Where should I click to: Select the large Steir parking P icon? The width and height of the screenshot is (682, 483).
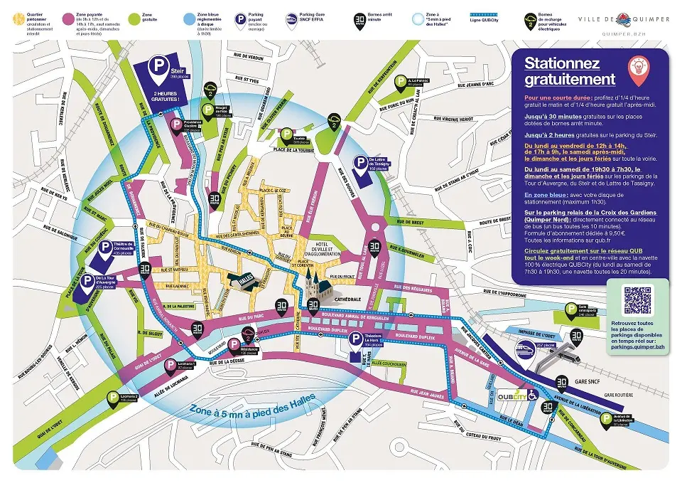coord(158,68)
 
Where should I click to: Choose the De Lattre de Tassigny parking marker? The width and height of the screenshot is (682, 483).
coord(361,164)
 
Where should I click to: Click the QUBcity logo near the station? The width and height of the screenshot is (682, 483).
coord(512,395)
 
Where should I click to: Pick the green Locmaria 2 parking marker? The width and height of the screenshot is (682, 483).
coord(112,400)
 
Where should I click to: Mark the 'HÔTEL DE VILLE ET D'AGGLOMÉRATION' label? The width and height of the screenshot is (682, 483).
coord(324,250)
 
